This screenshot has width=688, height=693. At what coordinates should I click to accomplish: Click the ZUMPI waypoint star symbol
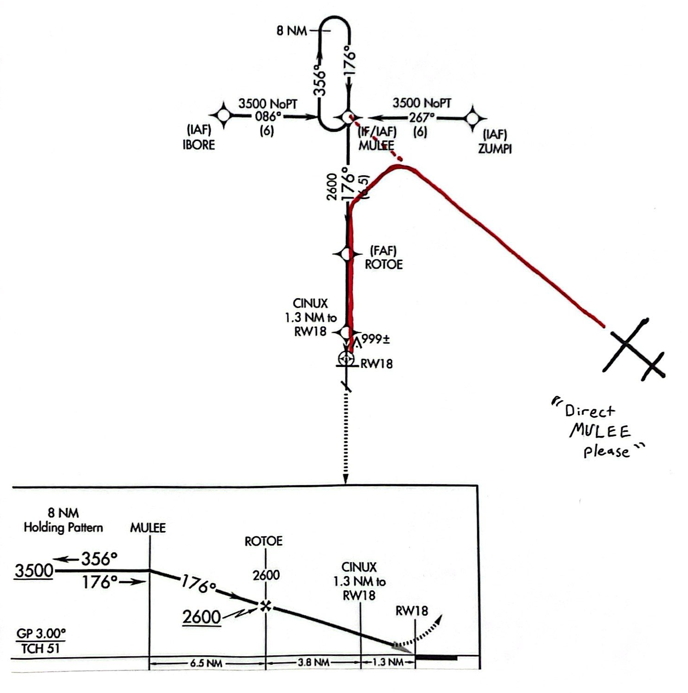click(473, 118)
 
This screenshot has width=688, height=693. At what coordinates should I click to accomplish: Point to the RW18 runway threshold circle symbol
click(345, 358)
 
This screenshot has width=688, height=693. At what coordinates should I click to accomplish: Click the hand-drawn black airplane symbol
click(633, 349)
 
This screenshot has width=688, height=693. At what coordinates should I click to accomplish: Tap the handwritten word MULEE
click(600, 431)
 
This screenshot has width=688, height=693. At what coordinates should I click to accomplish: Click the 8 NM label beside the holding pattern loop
click(292, 31)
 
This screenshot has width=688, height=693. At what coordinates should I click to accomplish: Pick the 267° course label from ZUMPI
click(422, 117)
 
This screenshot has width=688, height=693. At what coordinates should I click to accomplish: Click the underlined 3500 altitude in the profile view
click(33, 571)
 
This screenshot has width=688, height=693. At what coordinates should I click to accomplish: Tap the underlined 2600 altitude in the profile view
click(201, 617)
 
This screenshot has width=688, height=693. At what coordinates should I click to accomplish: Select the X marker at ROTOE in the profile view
click(265, 605)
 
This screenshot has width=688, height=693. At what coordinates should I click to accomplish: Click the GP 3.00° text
click(41, 634)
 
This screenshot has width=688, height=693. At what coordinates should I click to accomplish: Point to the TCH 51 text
click(41, 648)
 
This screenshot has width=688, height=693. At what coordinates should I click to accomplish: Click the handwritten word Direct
click(590, 411)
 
